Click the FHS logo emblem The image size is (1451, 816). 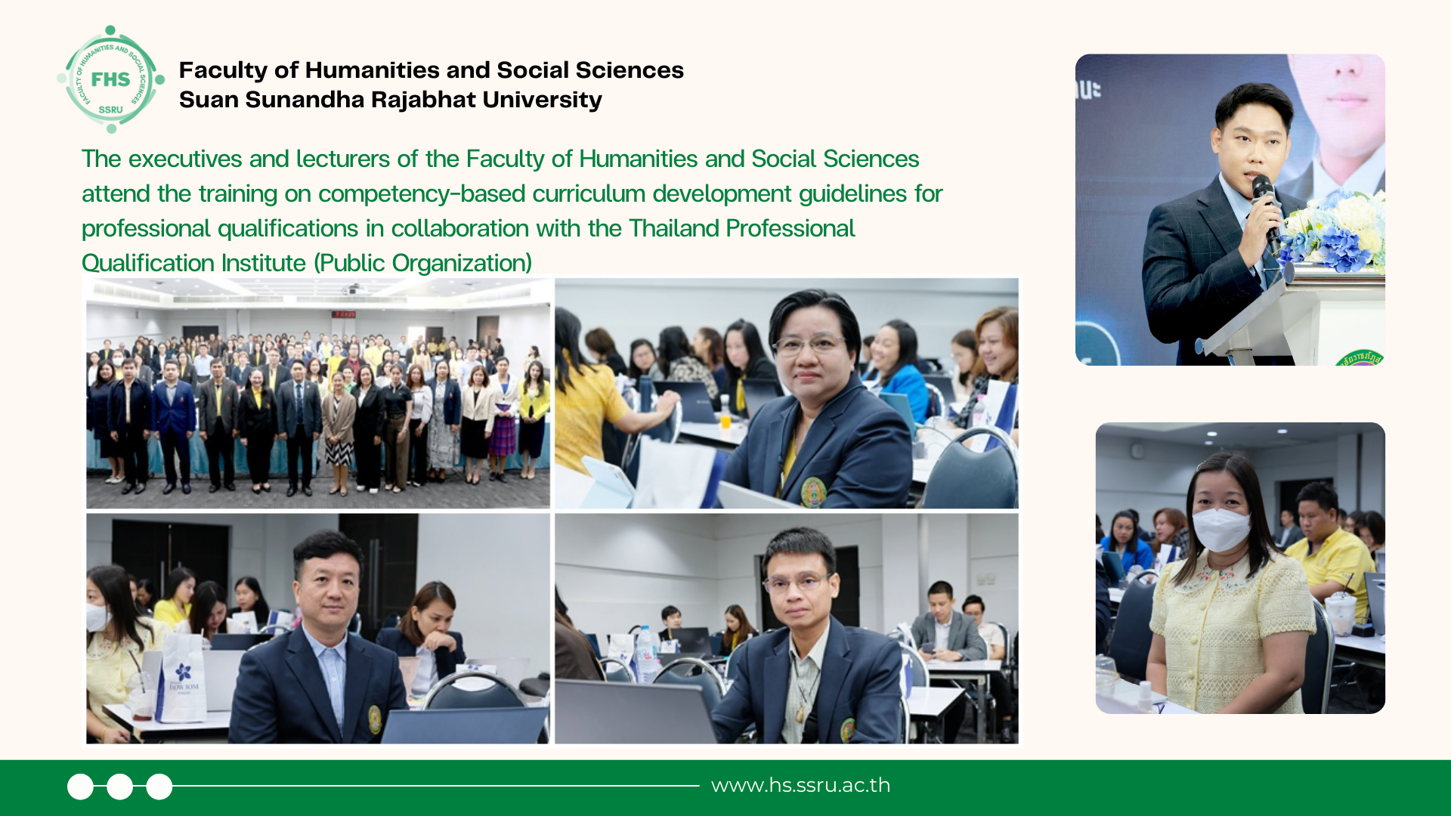(110, 79)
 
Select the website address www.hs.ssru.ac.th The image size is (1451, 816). (800, 786)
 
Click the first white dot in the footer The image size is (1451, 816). (80, 787)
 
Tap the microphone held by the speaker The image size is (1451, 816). (1266, 208)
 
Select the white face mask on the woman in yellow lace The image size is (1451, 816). (1221, 529)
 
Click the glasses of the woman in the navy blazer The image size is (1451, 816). (807, 345)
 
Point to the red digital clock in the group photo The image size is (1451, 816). (345, 314)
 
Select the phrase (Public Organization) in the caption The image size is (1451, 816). (423, 263)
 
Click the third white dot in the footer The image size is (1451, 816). (159, 787)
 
